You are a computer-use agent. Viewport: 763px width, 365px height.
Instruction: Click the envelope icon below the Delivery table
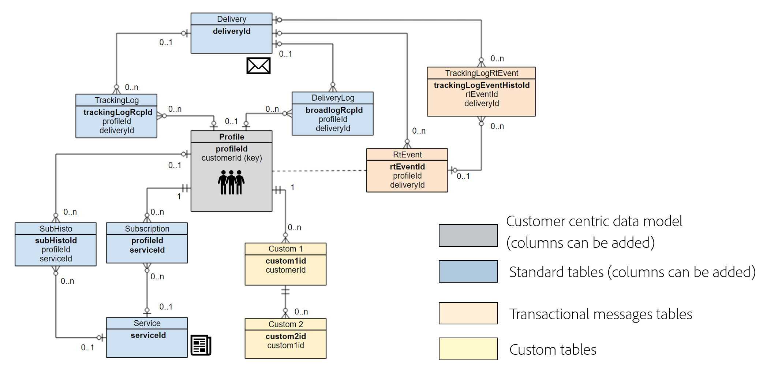click(258, 66)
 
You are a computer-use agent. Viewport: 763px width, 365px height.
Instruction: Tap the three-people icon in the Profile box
click(231, 182)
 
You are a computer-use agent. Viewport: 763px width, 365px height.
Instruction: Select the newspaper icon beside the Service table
click(201, 345)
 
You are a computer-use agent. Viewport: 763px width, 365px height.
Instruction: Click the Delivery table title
click(232, 19)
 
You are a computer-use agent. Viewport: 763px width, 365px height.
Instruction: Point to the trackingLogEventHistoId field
click(482, 85)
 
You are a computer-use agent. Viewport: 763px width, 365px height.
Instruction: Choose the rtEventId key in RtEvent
click(407, 167)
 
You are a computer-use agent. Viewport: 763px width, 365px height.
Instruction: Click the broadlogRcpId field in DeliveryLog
click(334, 110)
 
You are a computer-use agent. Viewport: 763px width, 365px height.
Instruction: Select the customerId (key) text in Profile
click(232, 158)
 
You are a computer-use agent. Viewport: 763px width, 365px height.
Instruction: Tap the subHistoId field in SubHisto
click(56, 241)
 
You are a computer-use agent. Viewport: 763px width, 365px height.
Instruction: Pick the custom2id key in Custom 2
click(286, 336)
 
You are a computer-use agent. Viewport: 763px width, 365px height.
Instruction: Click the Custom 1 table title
click(286, 249)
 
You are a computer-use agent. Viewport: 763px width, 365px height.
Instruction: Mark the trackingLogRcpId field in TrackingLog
click(117, 112)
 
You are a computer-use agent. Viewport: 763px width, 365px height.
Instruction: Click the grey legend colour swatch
click(468, 235)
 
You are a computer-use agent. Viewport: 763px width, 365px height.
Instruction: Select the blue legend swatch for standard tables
click(468, 271)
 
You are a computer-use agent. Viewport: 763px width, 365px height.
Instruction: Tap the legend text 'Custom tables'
click(553, 350)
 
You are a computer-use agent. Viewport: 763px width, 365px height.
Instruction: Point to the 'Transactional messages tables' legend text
click(601, 314)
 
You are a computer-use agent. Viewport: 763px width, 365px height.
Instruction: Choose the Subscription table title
click(147, 229)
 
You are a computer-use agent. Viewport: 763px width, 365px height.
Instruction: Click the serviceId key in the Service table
click(148, 335)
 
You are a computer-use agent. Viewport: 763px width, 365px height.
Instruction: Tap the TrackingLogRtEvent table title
click(482, 73)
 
